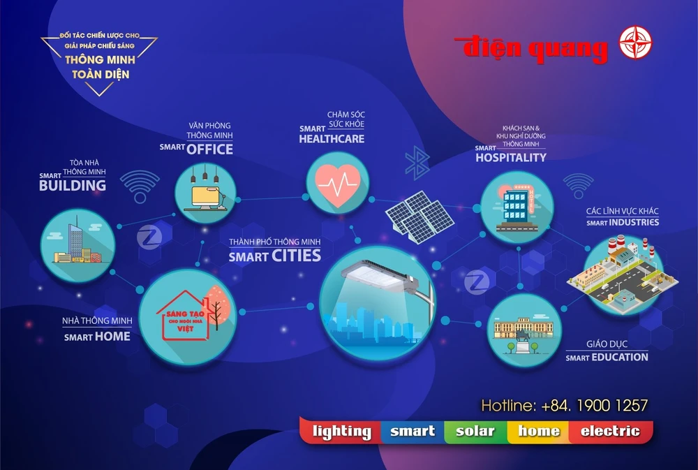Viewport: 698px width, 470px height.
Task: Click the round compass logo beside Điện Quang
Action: point(636,43)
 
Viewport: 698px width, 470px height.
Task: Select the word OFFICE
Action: point(209,149)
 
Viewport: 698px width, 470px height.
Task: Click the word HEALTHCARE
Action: point(332,139)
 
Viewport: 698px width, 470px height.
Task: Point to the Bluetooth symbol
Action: point(417,163)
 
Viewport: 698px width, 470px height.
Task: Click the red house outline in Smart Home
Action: point(184,316)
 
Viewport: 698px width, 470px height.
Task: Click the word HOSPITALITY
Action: point(511,158)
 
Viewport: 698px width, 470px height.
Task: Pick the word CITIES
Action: point(296,256)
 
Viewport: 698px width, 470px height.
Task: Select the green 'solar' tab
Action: point(475,432)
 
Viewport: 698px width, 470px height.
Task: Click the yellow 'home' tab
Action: point(539,432)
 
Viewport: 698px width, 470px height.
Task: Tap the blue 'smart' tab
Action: point(413,432)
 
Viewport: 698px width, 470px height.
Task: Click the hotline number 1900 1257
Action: point(612,406)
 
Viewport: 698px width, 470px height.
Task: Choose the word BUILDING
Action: point(73,186)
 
